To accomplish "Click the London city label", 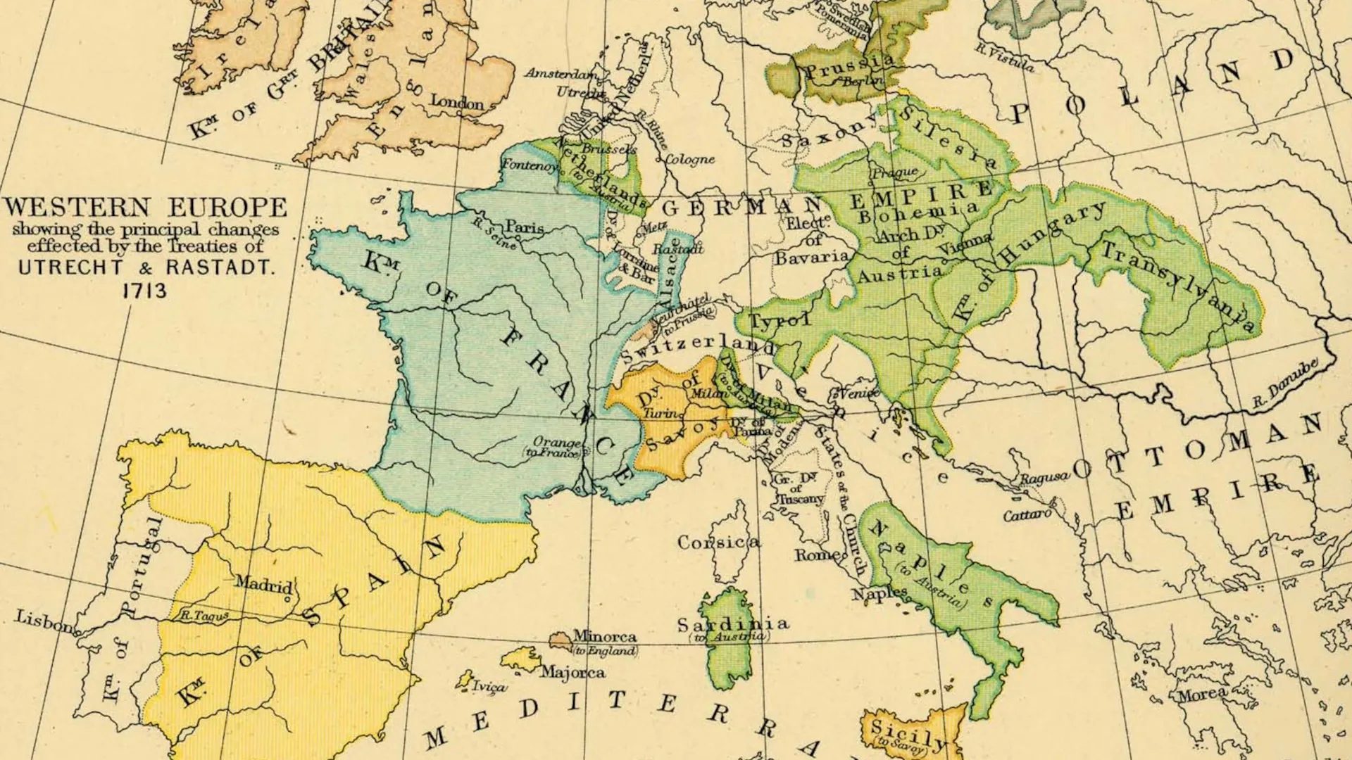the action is (x=457, y=103).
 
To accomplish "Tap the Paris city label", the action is (x=525, y=227).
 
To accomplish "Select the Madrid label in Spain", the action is (x=263, y=583).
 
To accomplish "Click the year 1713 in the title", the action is (x=145, y=291).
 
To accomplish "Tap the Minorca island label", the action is (x=605, y=636).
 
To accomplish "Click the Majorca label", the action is (x=572, y=673).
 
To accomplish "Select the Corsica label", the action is (x=718, y=543).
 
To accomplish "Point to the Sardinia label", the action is (x=732, y=624).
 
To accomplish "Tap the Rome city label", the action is (x=817, y=555).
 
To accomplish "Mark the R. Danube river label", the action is (x=1284, y=386).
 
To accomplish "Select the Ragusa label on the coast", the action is (x=1045, y=479).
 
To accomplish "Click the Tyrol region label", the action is (x=778, y=321).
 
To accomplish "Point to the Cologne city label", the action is (x=689, y=160).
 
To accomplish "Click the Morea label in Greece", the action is (x=1202, y=695).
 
